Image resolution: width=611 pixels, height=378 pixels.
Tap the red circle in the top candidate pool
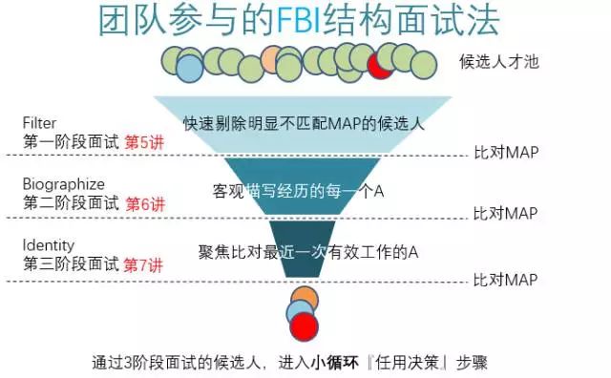[381, 65]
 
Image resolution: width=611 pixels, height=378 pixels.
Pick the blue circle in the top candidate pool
[189, 67]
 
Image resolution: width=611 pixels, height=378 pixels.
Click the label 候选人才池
[499, 62]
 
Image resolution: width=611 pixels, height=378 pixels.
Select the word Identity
[48, 245]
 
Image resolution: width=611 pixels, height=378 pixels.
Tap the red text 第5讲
[145, 142]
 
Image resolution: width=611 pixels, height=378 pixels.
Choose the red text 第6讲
[145, 203]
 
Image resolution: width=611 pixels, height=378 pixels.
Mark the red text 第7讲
[145, 264]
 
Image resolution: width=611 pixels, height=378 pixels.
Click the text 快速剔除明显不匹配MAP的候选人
[303, 122]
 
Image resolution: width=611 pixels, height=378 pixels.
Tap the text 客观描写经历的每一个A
[297, 191]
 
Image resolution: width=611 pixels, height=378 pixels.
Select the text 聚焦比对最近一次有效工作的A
[308, 252]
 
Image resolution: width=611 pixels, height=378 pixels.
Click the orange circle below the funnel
[305, 298]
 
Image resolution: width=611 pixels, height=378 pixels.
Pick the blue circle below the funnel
[300, 312]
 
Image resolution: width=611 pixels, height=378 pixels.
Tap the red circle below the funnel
[305, 327]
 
